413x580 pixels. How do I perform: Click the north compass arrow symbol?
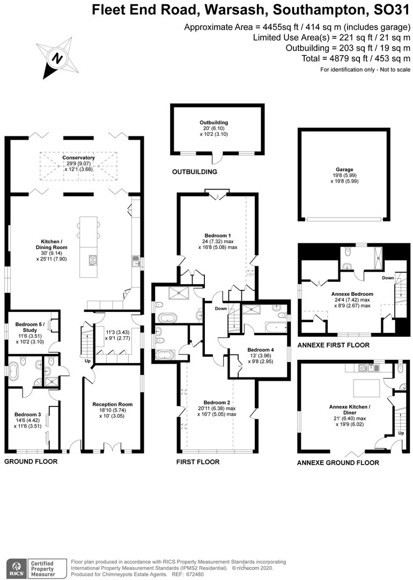tap(57, 57)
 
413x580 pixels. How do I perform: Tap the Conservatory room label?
tap(78, 158)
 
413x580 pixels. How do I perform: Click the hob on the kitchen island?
tap(92, 260)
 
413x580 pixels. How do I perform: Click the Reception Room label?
tap(112, 404)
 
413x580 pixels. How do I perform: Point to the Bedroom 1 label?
tap(218, 235)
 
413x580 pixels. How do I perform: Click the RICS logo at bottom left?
tap(16, 568)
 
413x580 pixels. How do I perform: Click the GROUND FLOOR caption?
tap(31, 461)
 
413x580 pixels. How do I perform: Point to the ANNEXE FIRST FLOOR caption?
tap(333, 345)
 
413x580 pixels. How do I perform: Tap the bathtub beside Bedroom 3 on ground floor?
tap(13, 370)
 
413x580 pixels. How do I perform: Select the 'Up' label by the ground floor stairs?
tap(88, 361)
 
